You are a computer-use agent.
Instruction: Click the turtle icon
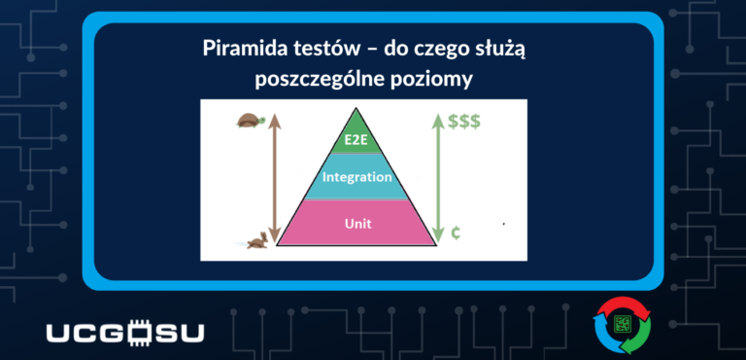[249, 122]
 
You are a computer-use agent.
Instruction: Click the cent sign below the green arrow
[456, 234]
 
